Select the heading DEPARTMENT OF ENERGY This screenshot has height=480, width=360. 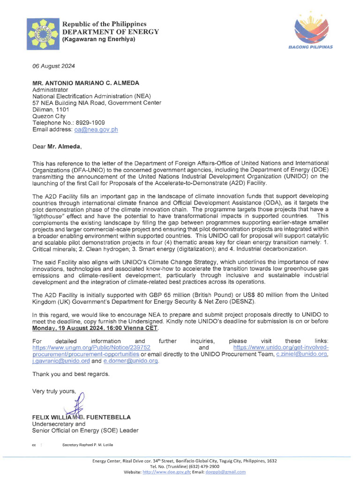click(111, 31)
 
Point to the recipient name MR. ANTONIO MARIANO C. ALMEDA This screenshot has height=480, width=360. click(85, 83)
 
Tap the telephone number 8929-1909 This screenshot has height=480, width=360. click(91, 122)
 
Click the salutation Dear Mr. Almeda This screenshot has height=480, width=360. click(57, 146)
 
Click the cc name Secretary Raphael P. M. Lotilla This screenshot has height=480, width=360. click(87, 444)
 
